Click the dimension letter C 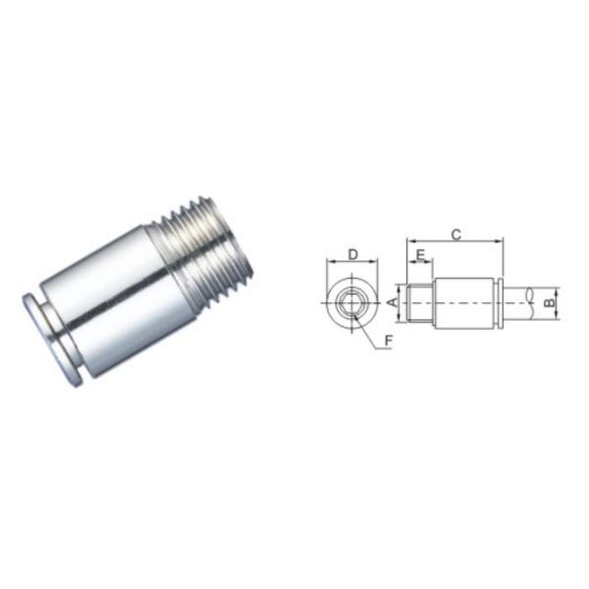point(455,234)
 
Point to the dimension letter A point(394,300)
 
